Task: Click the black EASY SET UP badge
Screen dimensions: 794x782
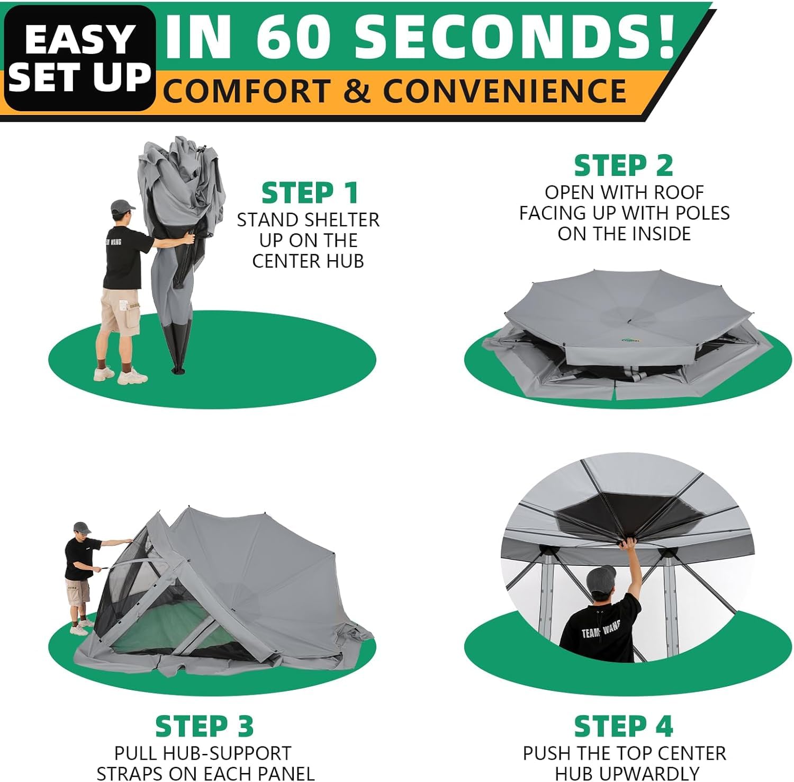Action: [79, 58]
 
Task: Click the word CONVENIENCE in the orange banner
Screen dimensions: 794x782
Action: [505, 91]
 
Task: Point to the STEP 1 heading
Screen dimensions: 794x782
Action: [310, 192]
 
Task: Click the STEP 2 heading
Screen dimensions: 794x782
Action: [624, 165]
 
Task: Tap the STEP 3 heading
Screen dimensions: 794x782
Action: [204, 726]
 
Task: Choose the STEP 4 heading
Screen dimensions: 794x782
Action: [624, 726]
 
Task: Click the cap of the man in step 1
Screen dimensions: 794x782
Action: [122, 206]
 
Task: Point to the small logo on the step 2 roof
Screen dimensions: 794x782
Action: [630, 341]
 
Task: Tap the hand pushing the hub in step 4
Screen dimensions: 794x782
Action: [629, 544]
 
